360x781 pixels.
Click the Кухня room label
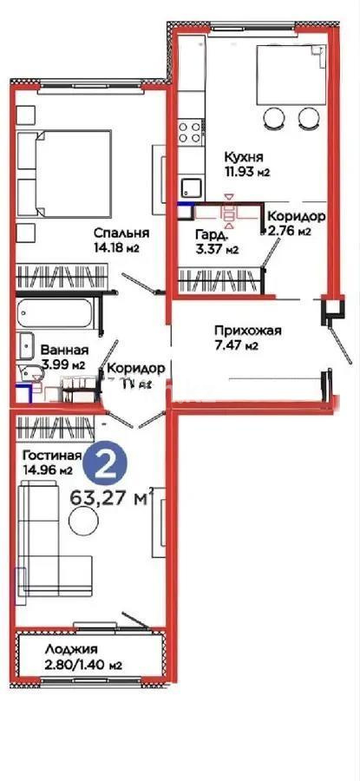243,156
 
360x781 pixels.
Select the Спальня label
122,233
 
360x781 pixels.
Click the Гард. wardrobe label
213,235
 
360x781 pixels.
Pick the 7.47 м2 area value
237,346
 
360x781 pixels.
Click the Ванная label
64,351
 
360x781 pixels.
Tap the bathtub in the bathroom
58,312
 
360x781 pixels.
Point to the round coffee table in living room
84,521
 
